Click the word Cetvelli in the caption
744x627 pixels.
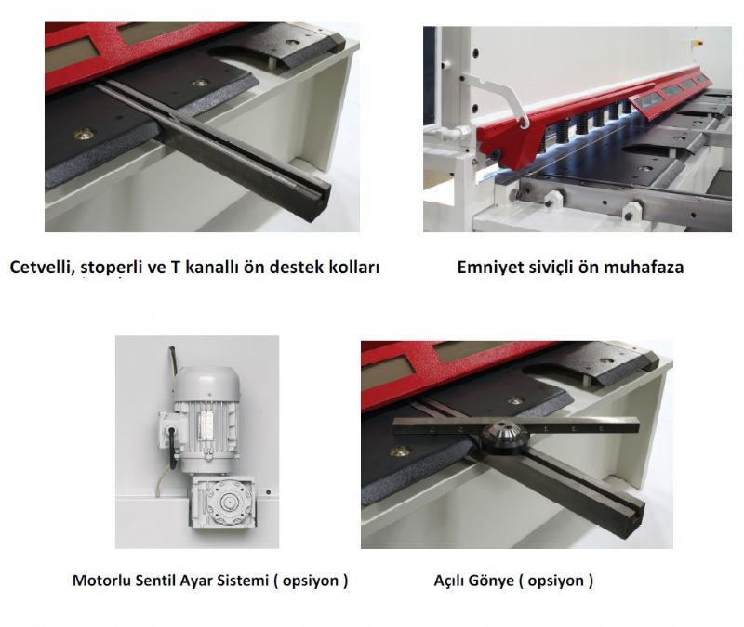pos(41,268)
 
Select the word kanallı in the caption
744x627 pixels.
pos(211,268)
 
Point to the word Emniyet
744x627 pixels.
pos(489,268)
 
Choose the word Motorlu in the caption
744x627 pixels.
pos(101,580)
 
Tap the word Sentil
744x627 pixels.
pos(155,580)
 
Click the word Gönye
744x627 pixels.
pos(494,580)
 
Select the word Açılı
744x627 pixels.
pos(450,581)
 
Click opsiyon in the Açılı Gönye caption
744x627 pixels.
pos(555,581)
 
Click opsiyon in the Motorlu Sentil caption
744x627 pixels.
pos(311,581)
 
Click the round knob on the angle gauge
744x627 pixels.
pos(504,435)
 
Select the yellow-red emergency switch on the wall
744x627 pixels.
pos(697,43)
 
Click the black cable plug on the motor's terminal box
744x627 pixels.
pos(170,432)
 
